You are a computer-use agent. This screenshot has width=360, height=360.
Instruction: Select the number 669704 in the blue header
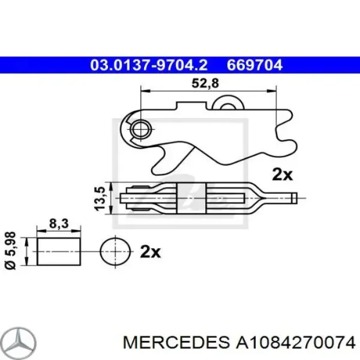(x=254, y=65)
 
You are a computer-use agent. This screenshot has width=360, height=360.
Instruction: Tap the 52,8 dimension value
(x=205, y=85)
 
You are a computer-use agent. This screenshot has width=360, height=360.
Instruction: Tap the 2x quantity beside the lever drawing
(x=281, y=175)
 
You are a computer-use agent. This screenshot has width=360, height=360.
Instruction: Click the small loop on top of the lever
(x=229, y=104)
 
